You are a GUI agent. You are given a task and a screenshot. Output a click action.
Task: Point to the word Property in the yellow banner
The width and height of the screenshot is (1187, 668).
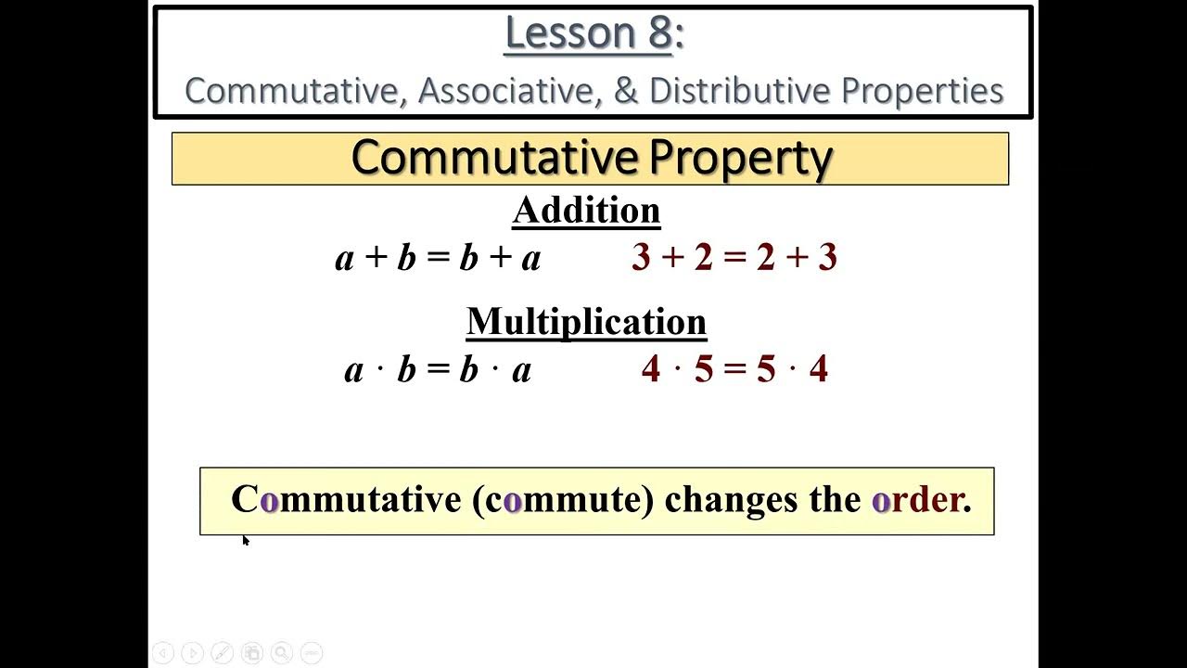pyautogui.click(x=739, y=159)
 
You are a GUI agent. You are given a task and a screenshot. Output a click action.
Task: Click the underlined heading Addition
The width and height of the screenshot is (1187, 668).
pyautogui.click(x=586, y=211)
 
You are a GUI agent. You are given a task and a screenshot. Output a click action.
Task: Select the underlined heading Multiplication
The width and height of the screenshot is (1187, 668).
pyautogui.click(x=586, y=322)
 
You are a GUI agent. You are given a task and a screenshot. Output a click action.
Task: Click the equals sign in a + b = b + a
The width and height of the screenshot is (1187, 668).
pyautogui.click(x=438, y=258)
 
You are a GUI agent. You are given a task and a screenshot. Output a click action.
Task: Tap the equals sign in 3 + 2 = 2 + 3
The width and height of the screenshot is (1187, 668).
pyautogui.click(x=734, y=258)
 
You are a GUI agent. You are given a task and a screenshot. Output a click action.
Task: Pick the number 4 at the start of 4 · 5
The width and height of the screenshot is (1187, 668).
pyautogui.click(x=651, y=369)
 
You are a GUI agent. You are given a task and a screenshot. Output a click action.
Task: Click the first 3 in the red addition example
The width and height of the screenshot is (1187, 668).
pyautogui.click(x=641, y=258)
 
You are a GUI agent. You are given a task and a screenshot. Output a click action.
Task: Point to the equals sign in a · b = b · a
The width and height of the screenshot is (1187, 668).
pyautogui.click(x=438, y=369)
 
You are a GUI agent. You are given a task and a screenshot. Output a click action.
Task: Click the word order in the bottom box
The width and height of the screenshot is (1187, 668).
pyautogui.click(x=921, y=500)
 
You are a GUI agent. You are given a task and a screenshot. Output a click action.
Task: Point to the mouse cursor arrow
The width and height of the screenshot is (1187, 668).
pyautogui.click(x=245, y=539)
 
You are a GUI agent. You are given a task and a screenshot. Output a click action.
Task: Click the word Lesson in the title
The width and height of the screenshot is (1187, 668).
pyautogui.click(x=562, y=33)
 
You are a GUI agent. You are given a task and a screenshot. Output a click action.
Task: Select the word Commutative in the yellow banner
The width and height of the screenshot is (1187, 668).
pyautogui.click(x=494, y=159)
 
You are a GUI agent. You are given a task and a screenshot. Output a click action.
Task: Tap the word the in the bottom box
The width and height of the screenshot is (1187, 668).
pyautogui.click(x=836, y=500)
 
